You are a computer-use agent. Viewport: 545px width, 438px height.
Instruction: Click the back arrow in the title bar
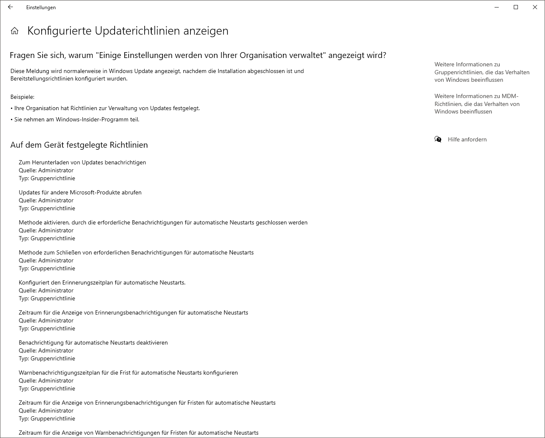coord(10,7)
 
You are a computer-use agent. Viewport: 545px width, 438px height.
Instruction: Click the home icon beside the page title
coord(15,31)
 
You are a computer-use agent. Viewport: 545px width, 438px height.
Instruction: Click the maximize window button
coord(516,7)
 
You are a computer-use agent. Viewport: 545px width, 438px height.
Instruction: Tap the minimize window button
coord(497,7)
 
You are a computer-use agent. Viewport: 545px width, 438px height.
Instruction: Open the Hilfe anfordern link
coord(467,139)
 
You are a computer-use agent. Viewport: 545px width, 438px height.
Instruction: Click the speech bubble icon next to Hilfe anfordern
coord(438,139)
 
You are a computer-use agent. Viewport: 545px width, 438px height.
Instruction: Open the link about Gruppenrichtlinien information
coord(482,72)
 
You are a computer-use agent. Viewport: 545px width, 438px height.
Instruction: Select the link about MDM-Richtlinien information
coord(477,104)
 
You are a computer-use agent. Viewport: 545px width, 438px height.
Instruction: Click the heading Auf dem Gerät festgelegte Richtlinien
coord(79,145)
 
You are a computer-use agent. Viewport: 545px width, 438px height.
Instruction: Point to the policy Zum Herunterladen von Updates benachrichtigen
coord(82,162)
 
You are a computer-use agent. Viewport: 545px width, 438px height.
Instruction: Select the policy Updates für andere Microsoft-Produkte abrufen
coord(80,192)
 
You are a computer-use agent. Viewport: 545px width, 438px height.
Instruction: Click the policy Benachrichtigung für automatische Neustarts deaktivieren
coord(93,342)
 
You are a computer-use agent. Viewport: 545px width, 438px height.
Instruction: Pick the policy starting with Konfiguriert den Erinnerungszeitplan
coord(102,282)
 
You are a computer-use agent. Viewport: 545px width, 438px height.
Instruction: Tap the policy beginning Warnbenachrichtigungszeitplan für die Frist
coord(128,373)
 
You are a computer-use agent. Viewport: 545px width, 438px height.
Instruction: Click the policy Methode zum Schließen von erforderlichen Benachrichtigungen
coord(136,252)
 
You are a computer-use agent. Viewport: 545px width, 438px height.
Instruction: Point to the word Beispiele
coord(22,97)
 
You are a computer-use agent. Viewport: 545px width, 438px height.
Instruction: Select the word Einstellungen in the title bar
coord(41,8)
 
